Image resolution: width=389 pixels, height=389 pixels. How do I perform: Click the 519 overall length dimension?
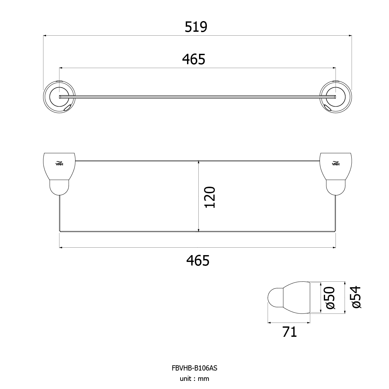pos(196,27)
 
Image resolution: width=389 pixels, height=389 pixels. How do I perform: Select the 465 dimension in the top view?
pos(194,59)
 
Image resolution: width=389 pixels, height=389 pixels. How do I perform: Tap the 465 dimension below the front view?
pos(198,261)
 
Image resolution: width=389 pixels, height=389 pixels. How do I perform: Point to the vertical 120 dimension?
pos(210,197)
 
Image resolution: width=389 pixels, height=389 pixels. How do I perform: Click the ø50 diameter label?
pos(331,298)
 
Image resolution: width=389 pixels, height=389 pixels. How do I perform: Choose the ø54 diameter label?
pos(357,297)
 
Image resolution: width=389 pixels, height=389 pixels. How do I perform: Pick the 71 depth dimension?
pos(289,332)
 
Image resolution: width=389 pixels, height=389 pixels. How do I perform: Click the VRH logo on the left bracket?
pos(59,163)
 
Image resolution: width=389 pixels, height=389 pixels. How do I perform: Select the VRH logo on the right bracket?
pos(336,163)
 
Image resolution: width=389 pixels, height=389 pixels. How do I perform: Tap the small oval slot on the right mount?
pos(328,108)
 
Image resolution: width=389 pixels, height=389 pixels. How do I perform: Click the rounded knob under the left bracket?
pos(59,188)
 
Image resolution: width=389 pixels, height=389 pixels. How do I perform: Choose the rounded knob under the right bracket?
pos(336,188)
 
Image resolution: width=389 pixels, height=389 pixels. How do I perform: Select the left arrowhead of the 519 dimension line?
pos(45,36)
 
